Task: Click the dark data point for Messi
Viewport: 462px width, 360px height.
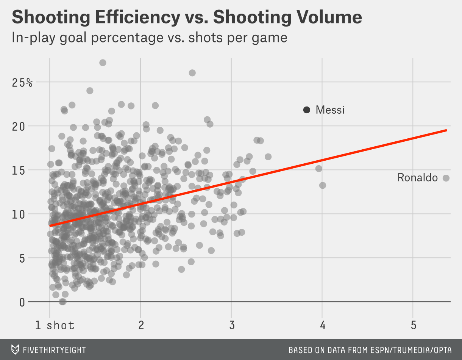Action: (x=307, y=110)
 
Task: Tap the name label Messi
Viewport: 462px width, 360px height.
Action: (x=330, y=110)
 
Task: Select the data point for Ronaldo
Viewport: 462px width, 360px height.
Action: (x=446, y=178)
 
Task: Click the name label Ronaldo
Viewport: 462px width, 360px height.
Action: (x=417, y=178)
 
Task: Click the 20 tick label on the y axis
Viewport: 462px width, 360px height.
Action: (x=19, y=126)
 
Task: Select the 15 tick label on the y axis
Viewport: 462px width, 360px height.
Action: (x=19, y=170)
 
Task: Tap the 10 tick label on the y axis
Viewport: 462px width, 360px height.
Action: (x=19, y=214)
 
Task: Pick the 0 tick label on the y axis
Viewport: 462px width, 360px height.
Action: (x=22, y=302)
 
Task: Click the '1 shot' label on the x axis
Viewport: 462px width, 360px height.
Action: (x=55, y=325)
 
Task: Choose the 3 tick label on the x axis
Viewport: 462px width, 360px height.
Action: (x=231, y=325)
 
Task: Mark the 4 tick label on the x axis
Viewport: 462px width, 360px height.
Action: (x=322, y=325)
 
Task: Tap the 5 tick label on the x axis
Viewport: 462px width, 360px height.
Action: (x=413, y=325)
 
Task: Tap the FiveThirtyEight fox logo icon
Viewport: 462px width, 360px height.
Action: (x=15, y=349)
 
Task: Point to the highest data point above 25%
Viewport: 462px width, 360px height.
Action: (x=103, y=63)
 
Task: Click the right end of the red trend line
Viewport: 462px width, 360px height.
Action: (x=446, y=130)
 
